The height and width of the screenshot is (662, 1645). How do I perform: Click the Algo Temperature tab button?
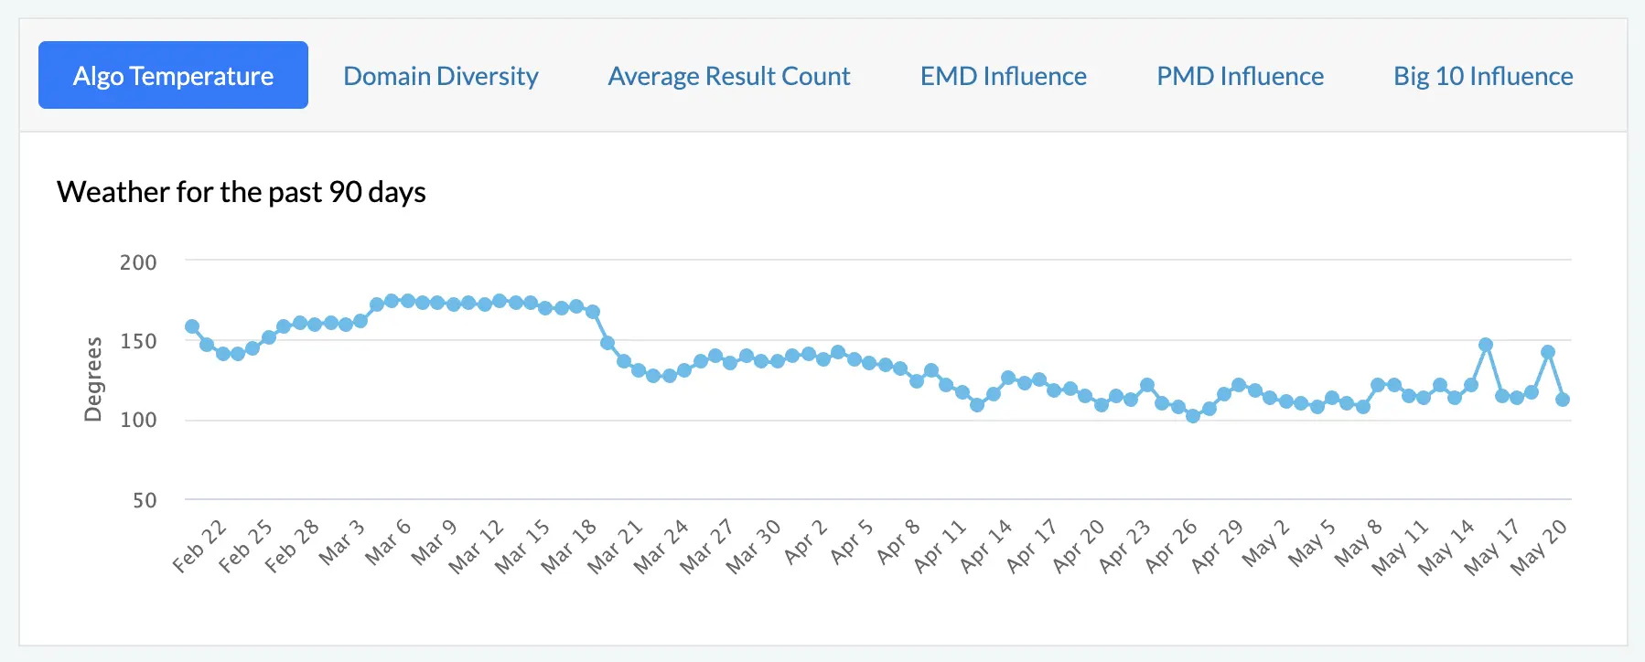[x=173, y=75]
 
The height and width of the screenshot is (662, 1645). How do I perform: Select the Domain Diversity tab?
[x=440, y=76]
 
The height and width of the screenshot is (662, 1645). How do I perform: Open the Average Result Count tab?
[x=729, y=76]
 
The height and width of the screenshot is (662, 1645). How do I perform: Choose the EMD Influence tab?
[x=1003, y=76]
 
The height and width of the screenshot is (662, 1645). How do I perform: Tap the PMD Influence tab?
[x=1240, y=76]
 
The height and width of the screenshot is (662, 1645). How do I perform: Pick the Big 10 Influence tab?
[x=1483, y=76]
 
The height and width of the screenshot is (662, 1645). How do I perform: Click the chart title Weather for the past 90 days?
[x=242, y=192]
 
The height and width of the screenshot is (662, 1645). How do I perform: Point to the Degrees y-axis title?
[x=92, y=379]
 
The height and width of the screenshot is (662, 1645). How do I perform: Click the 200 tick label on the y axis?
[x=138, y=262]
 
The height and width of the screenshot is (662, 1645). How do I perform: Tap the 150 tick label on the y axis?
[x=138, y=341]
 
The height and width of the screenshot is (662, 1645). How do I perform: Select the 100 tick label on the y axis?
[x=138, y=420]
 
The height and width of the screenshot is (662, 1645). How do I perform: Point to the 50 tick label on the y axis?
[x=145, y=500]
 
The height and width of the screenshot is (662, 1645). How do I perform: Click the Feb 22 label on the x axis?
[x=199, y=546]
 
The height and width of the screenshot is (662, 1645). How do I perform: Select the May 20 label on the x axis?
[x=1539, y=546]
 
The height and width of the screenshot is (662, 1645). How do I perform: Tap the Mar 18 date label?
[x=568, y=546]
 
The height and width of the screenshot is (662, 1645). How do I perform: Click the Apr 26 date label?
[x=1171, y=546]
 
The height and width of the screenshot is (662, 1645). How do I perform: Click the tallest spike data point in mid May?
[x=1486, y=345]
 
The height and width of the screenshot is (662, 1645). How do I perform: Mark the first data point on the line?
[x=192, y=326]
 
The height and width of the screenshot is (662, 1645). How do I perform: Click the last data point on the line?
[x=1563, y=400]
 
